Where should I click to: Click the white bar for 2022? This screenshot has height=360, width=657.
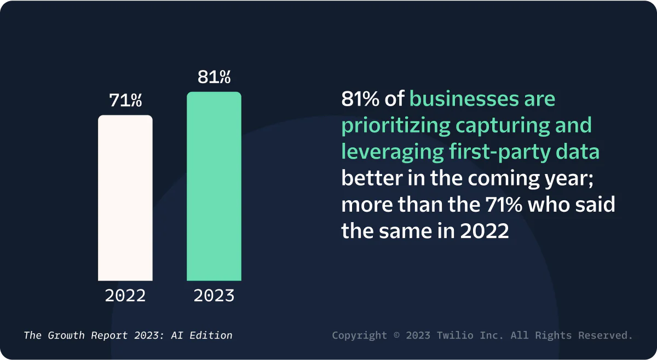[x=125, y=198]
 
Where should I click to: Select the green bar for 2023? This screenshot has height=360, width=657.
[x=214, y=186]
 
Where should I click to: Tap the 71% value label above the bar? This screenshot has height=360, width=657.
[x=125, y=101]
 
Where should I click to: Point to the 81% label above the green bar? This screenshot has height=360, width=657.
[x=214, y=77]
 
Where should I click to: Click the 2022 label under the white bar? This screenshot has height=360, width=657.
[x=125, y=296]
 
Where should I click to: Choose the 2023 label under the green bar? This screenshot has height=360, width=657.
[x=214, y=296]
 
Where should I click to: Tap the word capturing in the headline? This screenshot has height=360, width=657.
[x=502, y=125]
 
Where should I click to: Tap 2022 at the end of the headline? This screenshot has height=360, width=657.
[x=485, y=230]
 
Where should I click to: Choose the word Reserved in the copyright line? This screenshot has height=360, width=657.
[x=609, y=335]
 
